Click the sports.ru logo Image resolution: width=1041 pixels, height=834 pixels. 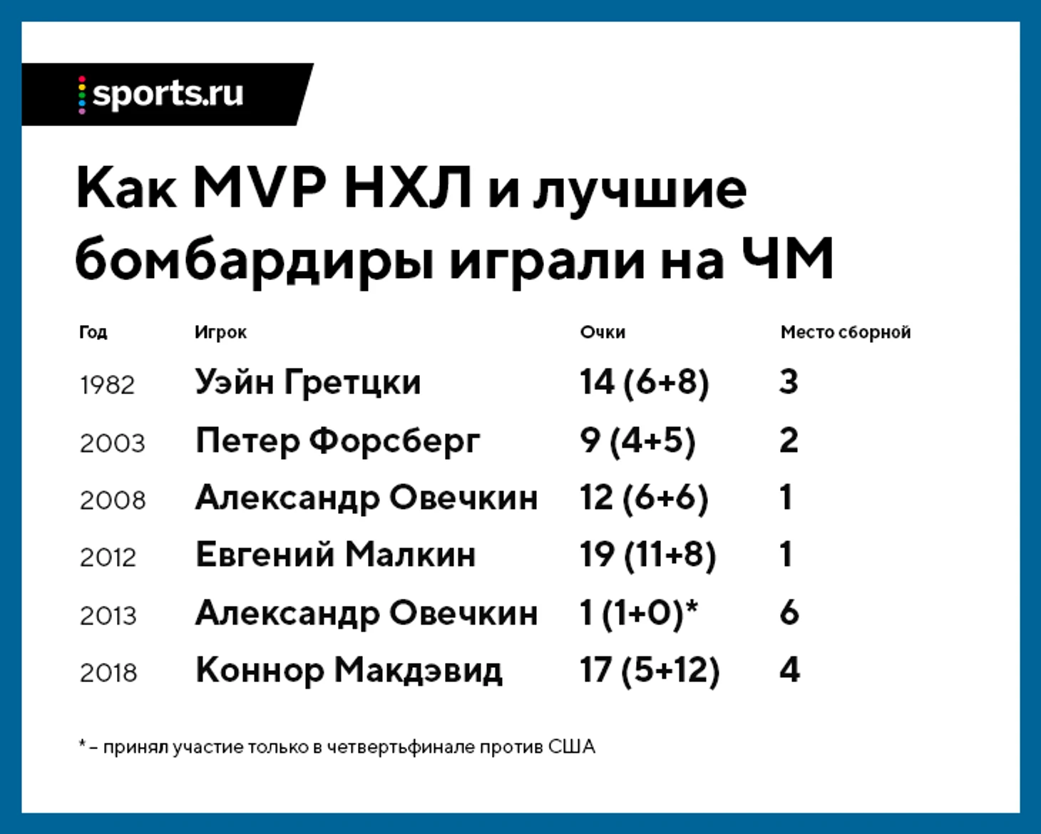tap(161, 94)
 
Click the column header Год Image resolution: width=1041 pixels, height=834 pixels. tap(93, 333)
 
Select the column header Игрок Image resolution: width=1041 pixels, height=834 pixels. tap(220, 333)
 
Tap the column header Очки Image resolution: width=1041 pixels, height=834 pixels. tap(602, 332)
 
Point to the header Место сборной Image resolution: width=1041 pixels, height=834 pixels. tap(846, 332)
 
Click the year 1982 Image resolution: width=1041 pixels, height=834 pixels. tap(107, 386)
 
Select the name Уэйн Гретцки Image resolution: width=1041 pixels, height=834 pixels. tap(308, 382)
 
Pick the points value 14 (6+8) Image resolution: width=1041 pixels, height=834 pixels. tap(645, 383)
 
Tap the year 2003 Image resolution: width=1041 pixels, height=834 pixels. tap(112, 443)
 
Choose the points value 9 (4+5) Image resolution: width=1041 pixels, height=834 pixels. tap(637, 441)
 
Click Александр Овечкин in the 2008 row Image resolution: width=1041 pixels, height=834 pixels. tap(366, 498)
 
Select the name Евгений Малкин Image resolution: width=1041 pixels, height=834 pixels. tap(336, 555)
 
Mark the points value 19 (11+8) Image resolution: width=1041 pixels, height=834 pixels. tap(647, 555)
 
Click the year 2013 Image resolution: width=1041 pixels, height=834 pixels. tap(108, 616)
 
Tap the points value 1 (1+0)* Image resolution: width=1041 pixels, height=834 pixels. tap(639, 614)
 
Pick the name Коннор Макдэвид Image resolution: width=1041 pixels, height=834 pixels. tap(349, 671)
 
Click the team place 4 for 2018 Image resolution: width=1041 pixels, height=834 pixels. tap(789, 670)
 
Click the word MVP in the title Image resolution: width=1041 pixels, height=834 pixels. tap(260, 187)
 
